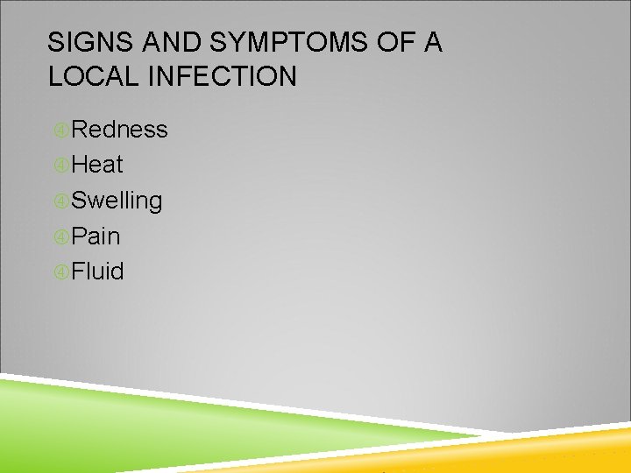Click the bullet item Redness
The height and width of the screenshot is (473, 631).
[119, 130]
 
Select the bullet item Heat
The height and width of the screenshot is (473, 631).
[97, 165]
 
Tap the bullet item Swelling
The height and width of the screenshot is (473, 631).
[117, 201]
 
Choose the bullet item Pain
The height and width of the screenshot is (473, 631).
[96, 236]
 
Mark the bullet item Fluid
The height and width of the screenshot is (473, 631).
[98, 272]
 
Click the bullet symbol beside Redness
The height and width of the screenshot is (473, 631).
[60, 131]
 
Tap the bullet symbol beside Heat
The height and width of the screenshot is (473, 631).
[60, 166]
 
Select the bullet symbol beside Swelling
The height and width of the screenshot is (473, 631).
[60, 201]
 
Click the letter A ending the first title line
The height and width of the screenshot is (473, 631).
[432, 43]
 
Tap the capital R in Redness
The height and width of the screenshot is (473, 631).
[80, 130]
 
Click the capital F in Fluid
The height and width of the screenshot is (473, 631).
[78, 272]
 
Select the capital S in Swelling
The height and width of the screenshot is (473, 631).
[79, 201]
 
